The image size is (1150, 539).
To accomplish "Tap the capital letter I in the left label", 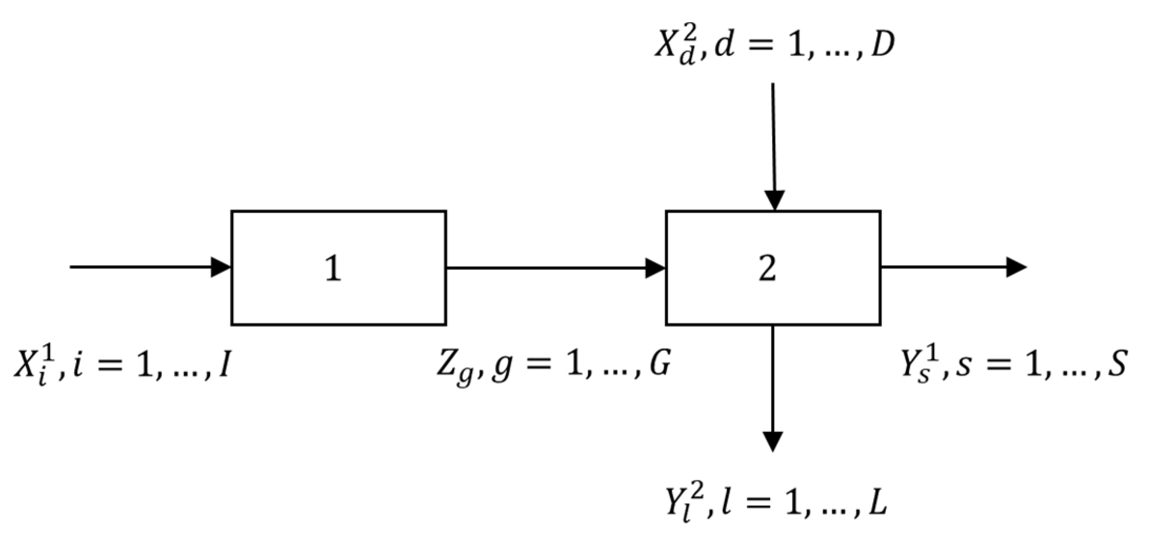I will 224,364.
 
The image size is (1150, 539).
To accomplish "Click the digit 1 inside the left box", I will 333,268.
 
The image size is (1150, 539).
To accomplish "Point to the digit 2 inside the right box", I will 767,268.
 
